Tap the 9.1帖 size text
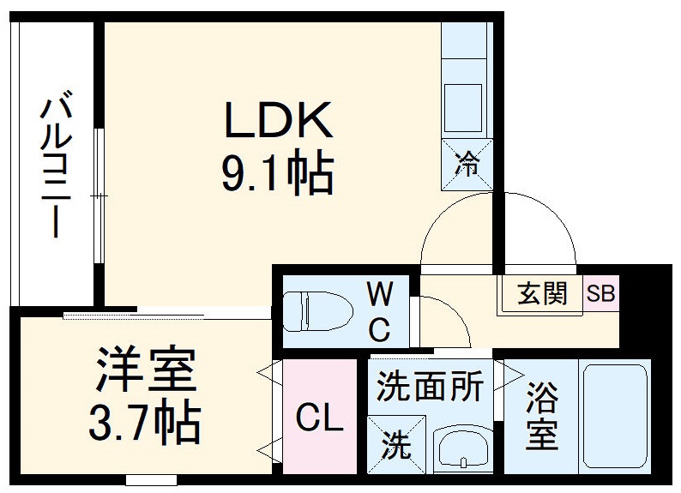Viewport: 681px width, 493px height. pos(277,173)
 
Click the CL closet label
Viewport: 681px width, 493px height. pos(319,420)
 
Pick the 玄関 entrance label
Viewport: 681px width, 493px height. pos(542,294)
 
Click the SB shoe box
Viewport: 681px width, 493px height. pos(600,294)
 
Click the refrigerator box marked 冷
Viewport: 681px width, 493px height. pos(467,164)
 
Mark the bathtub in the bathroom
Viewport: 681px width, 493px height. pos(615,416)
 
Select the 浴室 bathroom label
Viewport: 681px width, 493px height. pos(542,416)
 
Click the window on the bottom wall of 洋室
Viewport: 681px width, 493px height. pos(151,480)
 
